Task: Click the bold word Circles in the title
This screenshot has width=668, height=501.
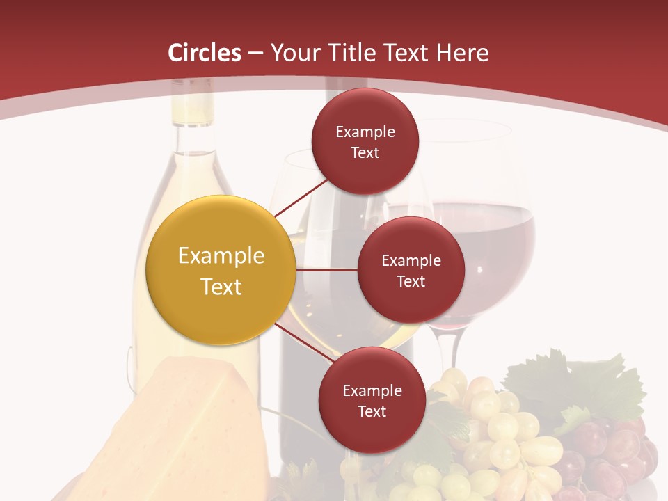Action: pos(205,53)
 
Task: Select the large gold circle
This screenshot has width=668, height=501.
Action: pos(221,271)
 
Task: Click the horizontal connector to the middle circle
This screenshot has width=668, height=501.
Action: pos(327,269)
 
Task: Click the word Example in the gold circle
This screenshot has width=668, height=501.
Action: pos(221,256)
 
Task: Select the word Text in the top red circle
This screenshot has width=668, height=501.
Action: pos(365,152)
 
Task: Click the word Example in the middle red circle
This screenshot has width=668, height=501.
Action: pos(411,261)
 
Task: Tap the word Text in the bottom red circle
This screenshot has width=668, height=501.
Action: pos(372,411)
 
